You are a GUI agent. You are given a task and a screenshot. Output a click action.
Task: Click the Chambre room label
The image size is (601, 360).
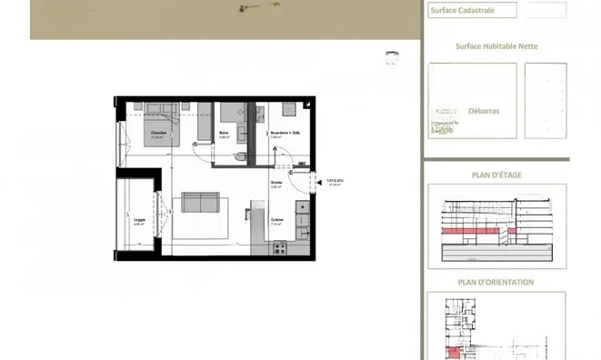click(159, 132)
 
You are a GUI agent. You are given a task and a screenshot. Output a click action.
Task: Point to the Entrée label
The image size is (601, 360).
click(275, 182)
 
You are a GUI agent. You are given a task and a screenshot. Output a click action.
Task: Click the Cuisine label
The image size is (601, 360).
click(276, 220)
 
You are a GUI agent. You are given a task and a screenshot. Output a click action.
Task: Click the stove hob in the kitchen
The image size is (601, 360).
click(279, 245)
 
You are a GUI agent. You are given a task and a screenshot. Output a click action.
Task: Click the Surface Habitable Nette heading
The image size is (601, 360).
click(493, 45)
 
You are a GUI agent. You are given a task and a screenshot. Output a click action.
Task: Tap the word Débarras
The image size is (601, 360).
click(483, 112)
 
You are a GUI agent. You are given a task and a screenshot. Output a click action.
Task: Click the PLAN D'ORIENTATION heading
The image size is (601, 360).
click(496, 282)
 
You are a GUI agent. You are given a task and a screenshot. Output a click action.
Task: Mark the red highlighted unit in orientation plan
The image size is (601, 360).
click(451, 352)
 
